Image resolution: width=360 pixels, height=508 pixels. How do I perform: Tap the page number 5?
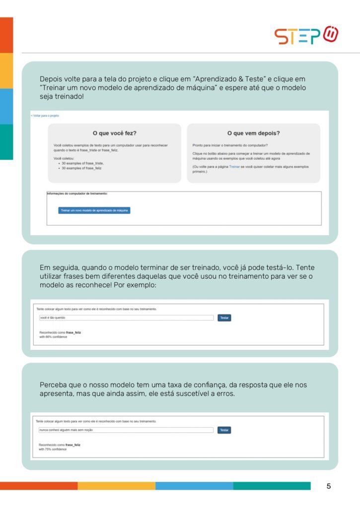tap(329, 486)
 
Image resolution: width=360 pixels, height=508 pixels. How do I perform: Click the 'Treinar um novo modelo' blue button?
tap(94, 210)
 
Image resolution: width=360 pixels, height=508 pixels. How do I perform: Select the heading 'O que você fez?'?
tap(115, 133)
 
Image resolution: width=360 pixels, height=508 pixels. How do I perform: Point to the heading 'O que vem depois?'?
tap(253, 133)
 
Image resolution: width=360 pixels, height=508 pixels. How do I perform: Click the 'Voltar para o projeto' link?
tap(45, 116)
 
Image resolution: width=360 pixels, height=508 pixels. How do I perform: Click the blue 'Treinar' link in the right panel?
tap(234, 167)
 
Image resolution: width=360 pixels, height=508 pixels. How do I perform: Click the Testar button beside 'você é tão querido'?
tap(224, 317)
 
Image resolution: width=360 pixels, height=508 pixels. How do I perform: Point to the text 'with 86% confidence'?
tap(53, 337)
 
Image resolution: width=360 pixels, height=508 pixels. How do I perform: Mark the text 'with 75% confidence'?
tap(53, 449)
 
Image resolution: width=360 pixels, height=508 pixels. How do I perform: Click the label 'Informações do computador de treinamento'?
tap(77, 193)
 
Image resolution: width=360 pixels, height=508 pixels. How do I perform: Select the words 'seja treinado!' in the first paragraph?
tap(62, 96)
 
